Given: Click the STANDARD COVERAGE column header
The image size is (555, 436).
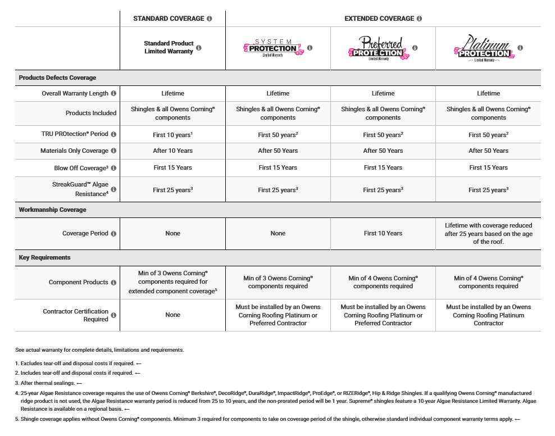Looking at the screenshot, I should (x=169, y=19).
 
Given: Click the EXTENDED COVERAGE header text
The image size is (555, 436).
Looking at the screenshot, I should (x=379, y=19).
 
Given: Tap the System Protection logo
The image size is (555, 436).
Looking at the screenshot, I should (x=273, y=48).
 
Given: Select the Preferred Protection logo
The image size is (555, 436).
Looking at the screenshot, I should (x=378, y=48).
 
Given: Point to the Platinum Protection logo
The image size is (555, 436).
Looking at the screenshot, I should (x=483, y=48).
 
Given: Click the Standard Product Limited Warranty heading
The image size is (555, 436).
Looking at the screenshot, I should (x=169, y=47).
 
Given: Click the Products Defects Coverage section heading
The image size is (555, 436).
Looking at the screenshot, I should (x=57, y=78).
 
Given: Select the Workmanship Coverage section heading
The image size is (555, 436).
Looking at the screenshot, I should (x=52, y=210).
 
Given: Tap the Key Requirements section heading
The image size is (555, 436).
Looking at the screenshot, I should (x=45, y=257).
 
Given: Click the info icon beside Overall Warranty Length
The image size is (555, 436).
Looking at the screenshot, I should (x=113, y=93).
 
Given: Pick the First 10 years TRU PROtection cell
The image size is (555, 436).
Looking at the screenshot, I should (x=172, y=135).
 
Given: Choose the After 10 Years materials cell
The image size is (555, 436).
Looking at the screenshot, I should (x=172, y=151).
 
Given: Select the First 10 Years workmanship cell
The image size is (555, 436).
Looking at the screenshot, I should (x=383, y=233).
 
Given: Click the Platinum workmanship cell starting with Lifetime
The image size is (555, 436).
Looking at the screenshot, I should (x=488, y=233).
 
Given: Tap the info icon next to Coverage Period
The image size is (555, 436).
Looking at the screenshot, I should (x=113, y=234).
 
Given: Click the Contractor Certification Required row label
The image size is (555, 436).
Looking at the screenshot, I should (x=75, y=315).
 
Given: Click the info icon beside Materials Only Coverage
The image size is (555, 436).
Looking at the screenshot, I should (x=113, y=151).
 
